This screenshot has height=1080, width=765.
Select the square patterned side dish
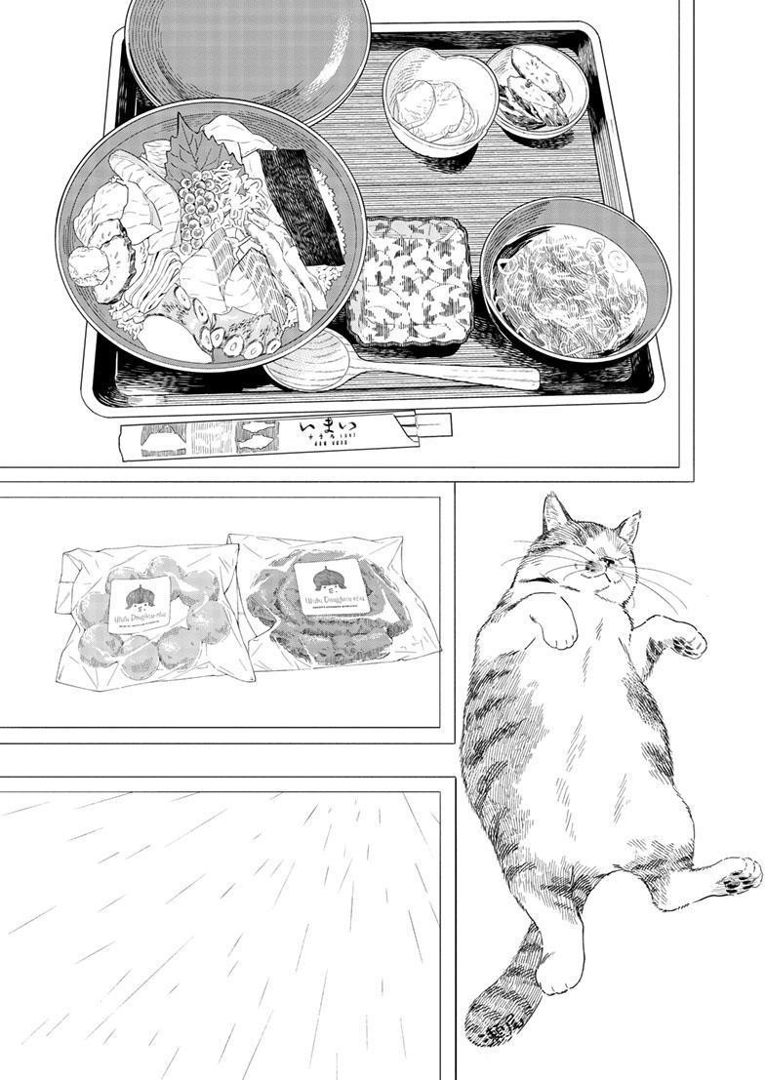408,282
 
